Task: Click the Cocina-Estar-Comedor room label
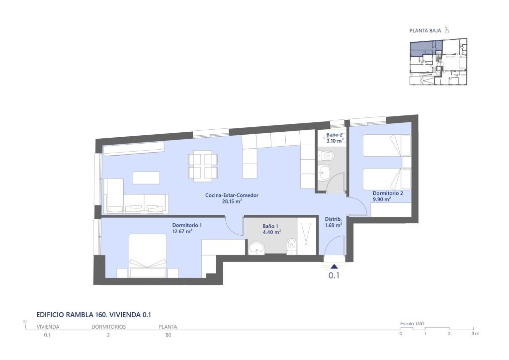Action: click(x=232, y=195)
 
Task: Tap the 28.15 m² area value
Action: click(x=232, y=201)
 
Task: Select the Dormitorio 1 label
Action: click(x=187, y=225)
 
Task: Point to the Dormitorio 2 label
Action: click(x=388, y=193)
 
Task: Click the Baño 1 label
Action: click(x=270, y=227)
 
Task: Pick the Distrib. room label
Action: click(x=334, y=219)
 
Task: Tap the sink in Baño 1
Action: click(x=256, y=249)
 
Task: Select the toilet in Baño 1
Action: click(x=292, y=246)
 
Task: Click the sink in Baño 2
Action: click(x=324, y=172)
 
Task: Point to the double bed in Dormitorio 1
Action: click(x=148, y=256)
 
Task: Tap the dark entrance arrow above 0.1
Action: click(x=334, y=267)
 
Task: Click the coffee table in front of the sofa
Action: click(x=146, y=178)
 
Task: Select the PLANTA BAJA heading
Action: click(x=425, y=31)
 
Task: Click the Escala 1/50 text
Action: click(x=412, y=324)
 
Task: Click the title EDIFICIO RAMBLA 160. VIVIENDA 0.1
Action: click(x=94, y=315)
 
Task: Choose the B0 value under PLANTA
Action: click(x=168, y=335)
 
